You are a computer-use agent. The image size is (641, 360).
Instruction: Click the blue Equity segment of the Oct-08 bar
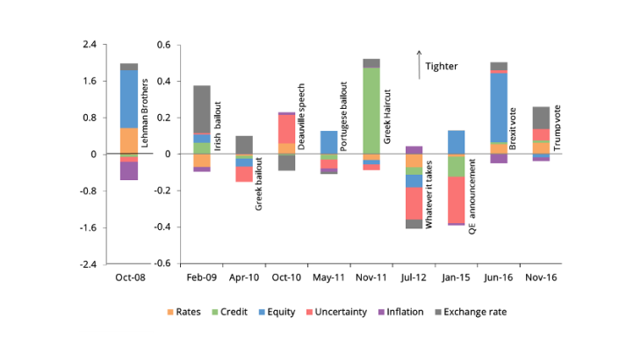129,98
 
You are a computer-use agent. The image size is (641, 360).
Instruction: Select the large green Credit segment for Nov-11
371,110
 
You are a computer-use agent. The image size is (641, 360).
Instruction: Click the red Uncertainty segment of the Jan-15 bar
456,199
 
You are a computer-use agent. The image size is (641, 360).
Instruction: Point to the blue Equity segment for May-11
328,141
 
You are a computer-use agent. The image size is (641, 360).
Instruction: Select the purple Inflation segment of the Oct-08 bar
129,170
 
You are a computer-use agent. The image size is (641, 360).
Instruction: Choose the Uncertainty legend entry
337,312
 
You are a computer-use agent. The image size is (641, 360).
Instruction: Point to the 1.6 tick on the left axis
90,81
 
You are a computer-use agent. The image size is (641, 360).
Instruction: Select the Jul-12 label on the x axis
414,277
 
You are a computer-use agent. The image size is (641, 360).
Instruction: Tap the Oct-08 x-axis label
129,277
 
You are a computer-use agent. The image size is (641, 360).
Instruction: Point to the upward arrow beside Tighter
419,64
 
